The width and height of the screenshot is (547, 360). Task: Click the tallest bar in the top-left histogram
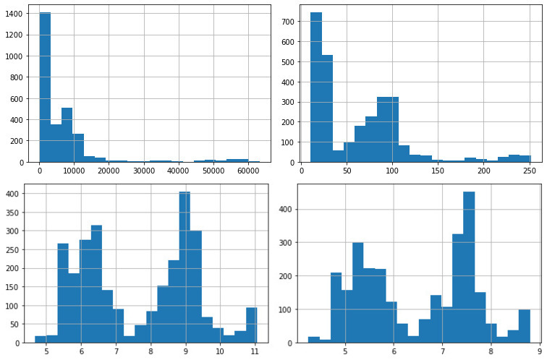click(45, 87)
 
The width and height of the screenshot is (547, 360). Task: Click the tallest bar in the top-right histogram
click(316, 87)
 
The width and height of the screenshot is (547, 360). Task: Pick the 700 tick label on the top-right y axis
click(289, 21)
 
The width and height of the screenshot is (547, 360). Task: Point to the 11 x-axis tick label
click(255, 352)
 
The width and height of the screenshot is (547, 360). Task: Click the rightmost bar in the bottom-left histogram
click(251, 325)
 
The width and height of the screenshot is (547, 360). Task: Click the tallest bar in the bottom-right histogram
click(469, 267)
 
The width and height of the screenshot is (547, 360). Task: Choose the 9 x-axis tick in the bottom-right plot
click(539, 352)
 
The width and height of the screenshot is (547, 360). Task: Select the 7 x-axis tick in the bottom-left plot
click(116, 352)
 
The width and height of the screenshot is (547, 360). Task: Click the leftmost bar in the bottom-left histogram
click(41, 339)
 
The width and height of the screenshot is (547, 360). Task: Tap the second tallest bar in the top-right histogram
click(327, 108)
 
